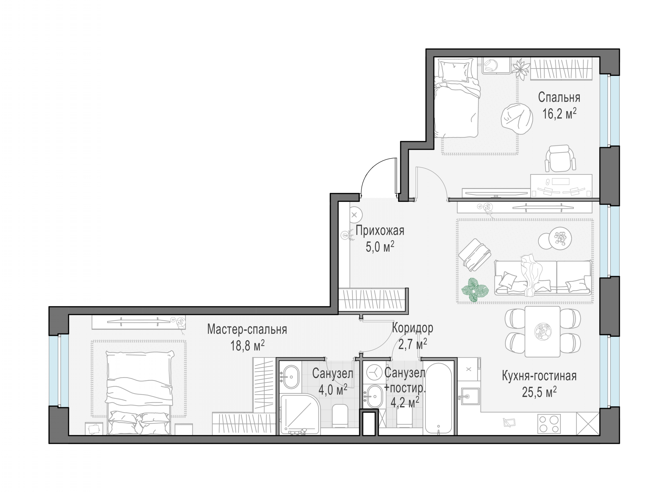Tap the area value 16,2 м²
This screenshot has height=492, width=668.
559,113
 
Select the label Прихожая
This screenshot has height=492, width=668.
380,231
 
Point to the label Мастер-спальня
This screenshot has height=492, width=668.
247,329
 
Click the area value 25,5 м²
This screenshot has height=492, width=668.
539,392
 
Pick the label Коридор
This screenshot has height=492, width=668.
412,328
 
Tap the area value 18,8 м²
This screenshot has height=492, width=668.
247,345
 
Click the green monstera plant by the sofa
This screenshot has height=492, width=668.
475,290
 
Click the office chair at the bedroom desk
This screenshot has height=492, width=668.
560,158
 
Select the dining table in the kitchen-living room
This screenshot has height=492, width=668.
542,331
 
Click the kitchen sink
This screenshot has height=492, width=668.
470,396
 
